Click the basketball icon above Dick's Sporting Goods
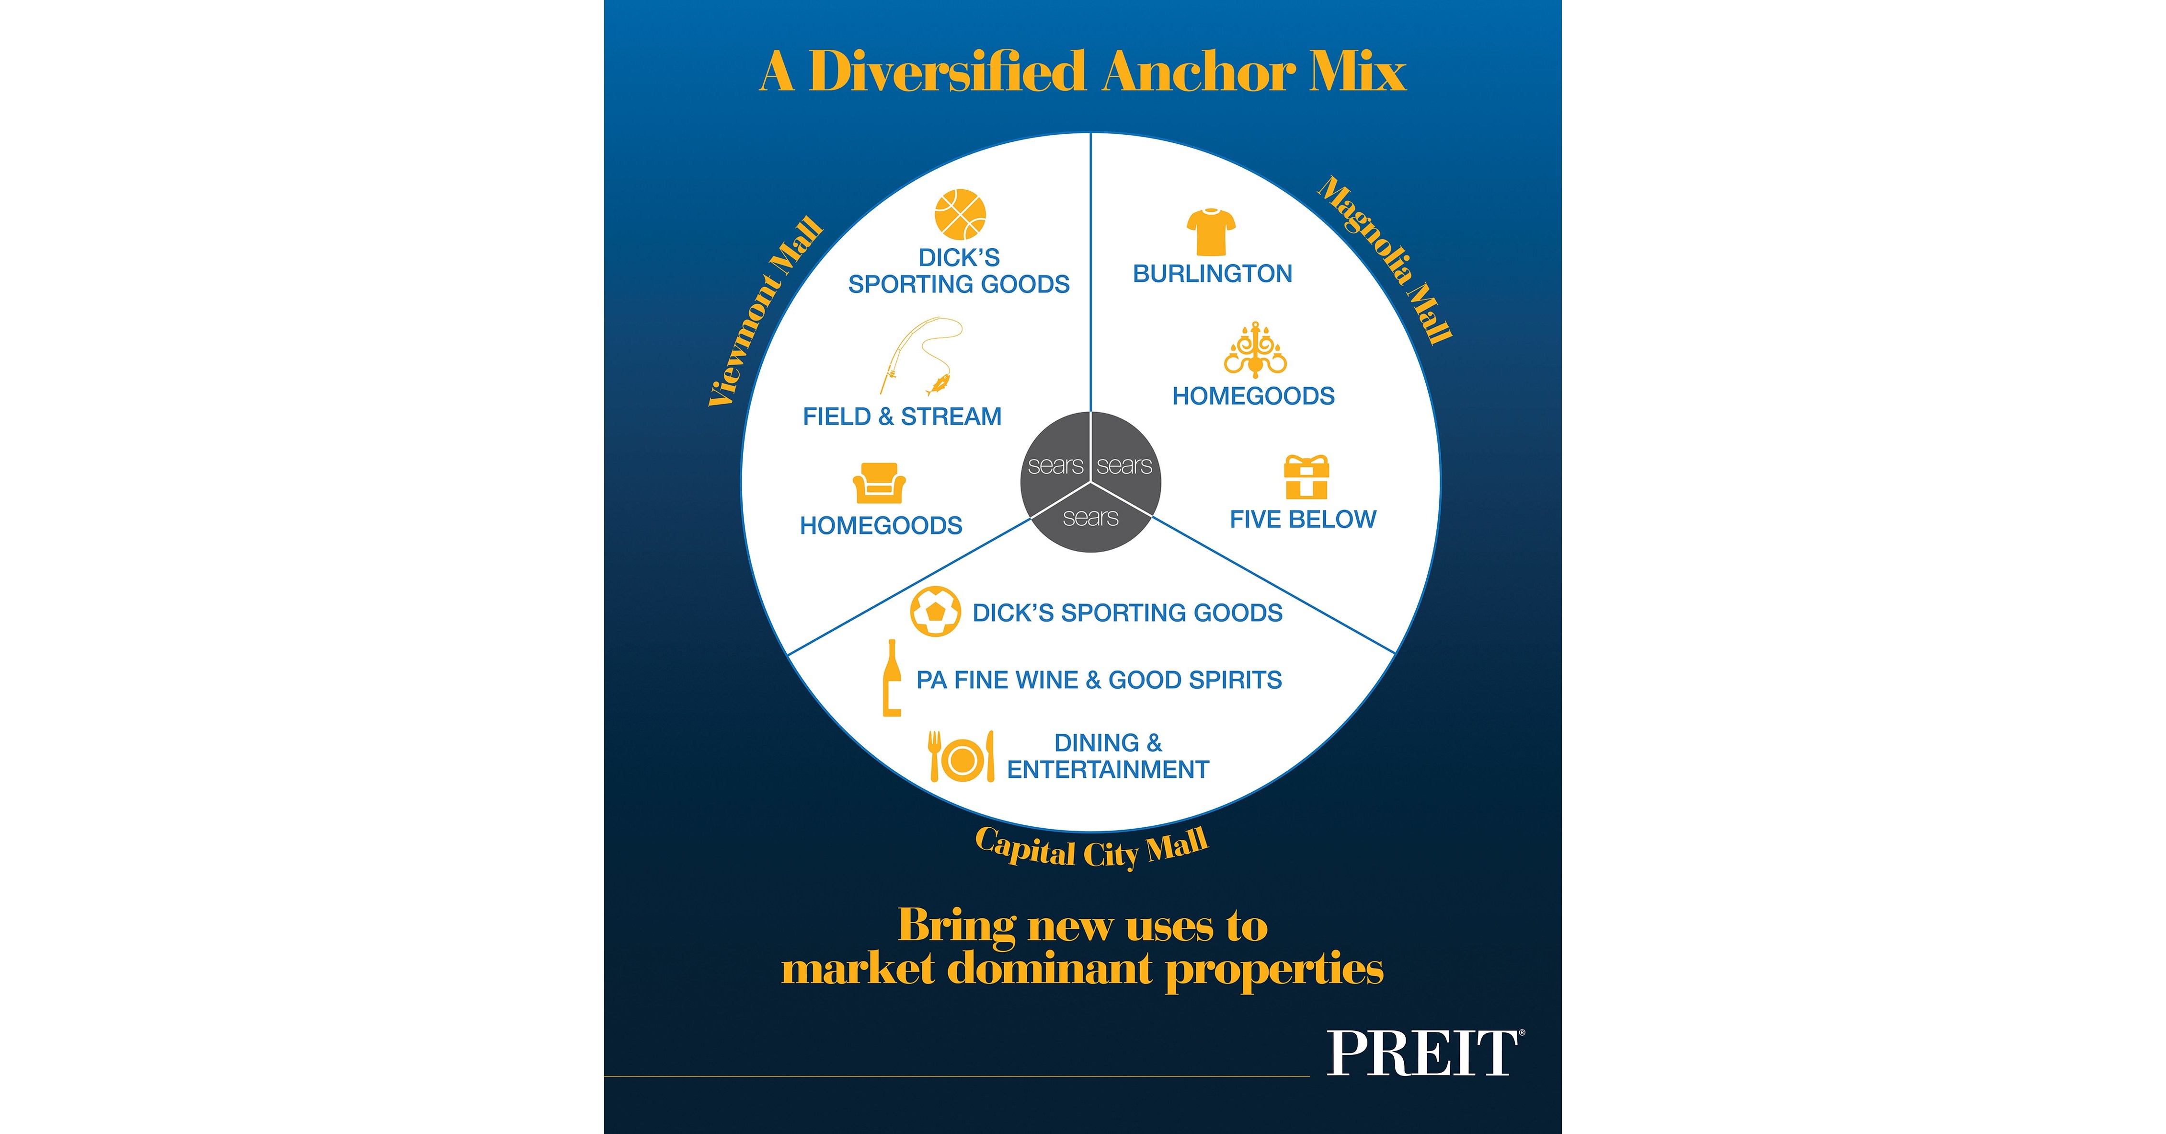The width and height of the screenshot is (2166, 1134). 960,215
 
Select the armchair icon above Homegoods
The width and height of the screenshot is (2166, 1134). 879,483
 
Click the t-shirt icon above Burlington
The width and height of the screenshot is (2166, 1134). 1211,231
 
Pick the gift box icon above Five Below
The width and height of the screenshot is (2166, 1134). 1306,477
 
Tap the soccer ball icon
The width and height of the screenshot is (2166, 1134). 935,612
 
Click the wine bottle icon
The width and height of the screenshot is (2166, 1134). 891,678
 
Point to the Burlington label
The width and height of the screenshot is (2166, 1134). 1213,273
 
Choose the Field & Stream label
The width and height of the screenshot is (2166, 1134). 902,417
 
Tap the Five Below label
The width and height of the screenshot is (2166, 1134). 1303,519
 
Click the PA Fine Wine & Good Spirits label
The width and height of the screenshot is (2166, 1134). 1099,680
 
